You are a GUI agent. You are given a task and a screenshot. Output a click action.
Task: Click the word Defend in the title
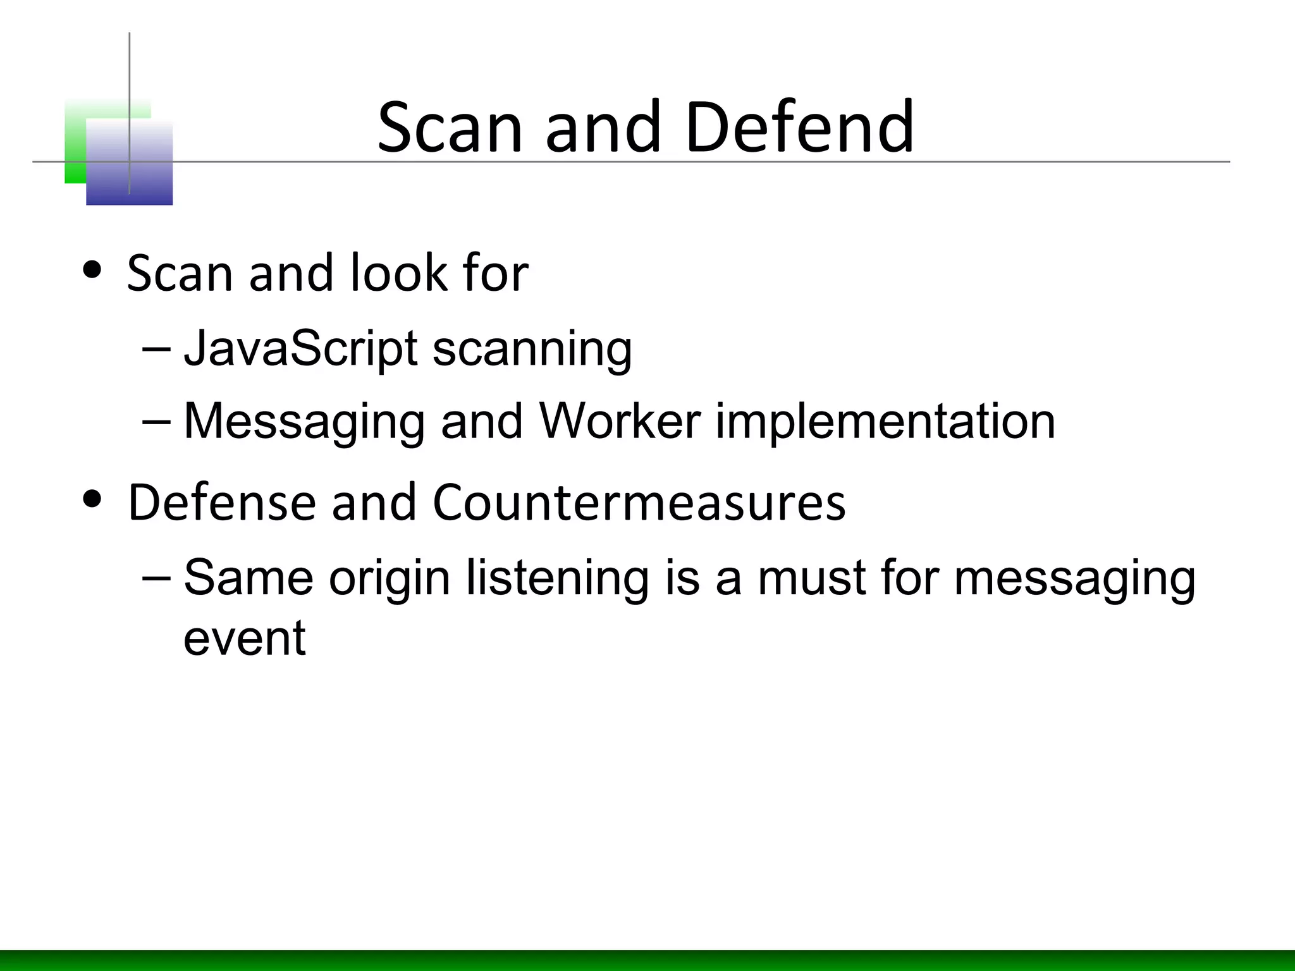click(x=799, y=128)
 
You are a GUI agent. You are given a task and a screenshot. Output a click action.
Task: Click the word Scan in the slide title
click(x=450, y=128)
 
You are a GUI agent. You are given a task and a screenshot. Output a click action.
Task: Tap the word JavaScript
click(x=301, y=348)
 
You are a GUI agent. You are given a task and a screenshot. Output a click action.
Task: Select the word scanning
click(x=532, y=350)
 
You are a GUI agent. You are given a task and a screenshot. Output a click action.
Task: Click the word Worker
click(x=620, y=421)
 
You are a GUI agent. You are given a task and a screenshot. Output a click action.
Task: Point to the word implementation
click(x=885, y=422)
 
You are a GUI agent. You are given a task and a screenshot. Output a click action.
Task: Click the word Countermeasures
click(x=639, y=503)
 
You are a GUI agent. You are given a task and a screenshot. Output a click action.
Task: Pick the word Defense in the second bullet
click(x=221, y=503)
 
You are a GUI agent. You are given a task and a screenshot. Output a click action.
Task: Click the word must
click(x=811, y=578)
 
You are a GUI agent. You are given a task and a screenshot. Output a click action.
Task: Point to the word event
click(x=245, y=638)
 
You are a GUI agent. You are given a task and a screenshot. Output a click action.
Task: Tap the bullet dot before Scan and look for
click(x=92, y=271)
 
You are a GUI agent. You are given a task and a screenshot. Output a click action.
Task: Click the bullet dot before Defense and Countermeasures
click(x=92, y=499)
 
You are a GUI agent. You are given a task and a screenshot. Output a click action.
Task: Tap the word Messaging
click(x=304, y=422)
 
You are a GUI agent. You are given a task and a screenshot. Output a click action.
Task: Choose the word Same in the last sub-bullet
click(x=249, y=578)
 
